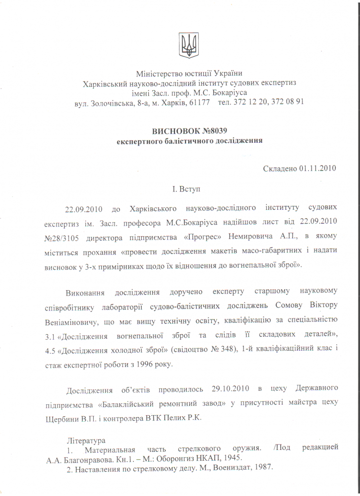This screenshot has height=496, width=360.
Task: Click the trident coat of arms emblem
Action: (188, 45)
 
